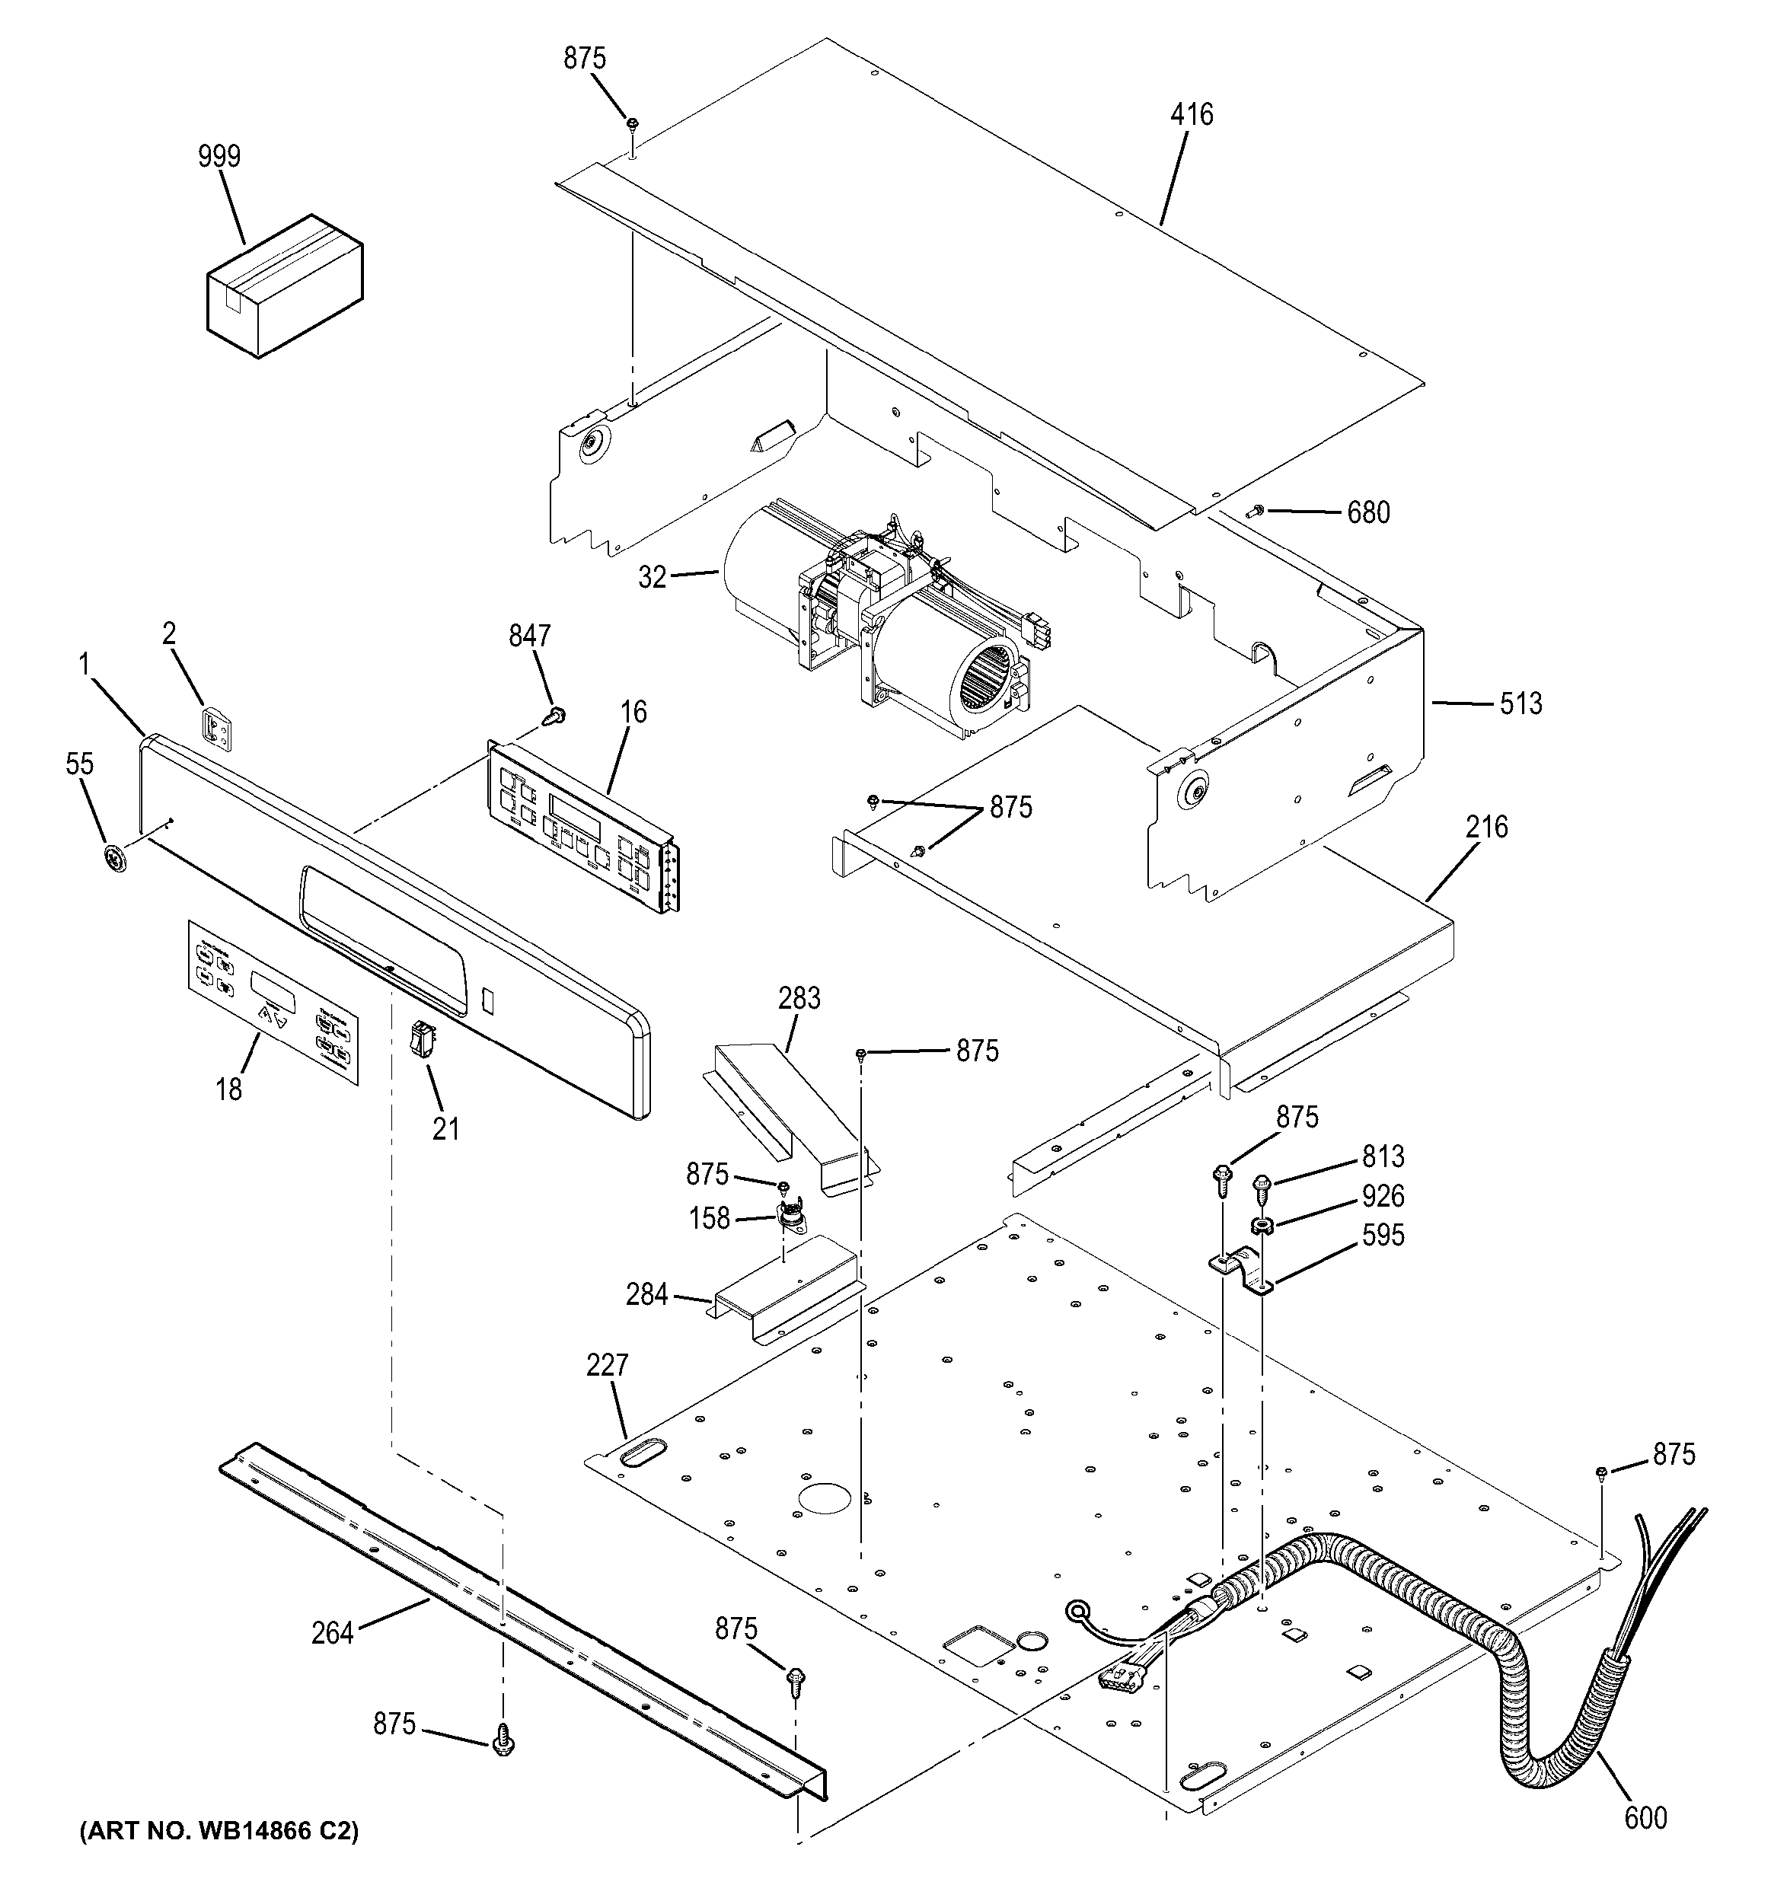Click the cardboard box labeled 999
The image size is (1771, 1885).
tap(285, 285)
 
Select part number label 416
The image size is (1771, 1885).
tap(1191, 115)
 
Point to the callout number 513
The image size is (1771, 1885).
tap(1521, 703)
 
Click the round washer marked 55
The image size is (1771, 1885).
tap(116, 860)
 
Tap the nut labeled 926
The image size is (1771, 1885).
tap(1261, 1226)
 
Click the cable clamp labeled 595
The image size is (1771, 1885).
tap(1242, 1271)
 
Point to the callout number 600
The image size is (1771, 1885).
tap(1645, 1816)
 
